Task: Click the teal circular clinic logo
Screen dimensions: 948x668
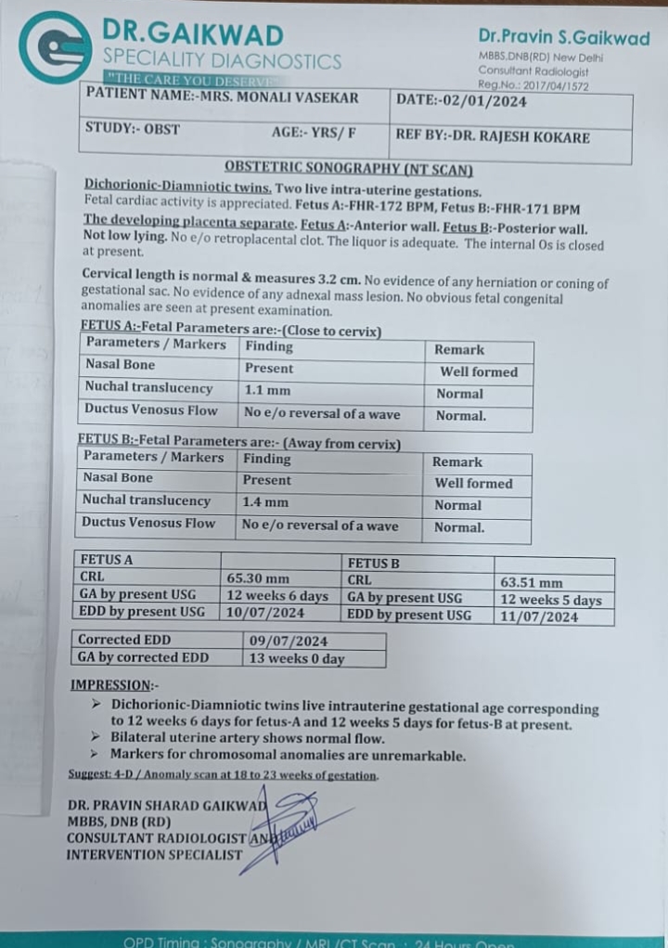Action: point(55,46)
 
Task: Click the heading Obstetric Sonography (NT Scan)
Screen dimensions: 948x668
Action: point(349,169)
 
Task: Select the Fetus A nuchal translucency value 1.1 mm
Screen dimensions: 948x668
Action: point(267,390)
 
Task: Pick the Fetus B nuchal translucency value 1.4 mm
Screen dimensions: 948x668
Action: point(265,502)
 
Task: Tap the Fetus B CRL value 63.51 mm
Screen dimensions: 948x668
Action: point(531,583)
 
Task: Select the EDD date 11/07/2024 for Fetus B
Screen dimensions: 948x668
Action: point(539,616)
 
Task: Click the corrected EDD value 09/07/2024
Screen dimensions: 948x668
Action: point(289,641)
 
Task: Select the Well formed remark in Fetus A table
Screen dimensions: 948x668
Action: point(479,371)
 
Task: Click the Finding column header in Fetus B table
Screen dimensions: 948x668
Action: point(266,459)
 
